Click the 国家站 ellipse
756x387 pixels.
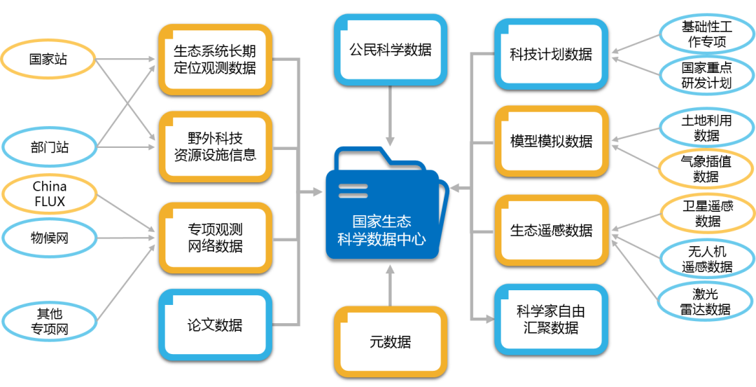pyautogui.click(x=48, y=59)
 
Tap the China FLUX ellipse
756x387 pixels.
pyautogui.click(x=50, y=194)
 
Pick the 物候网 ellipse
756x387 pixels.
pyautogui.click(x=50, y=238)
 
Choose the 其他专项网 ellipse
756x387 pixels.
pyautogui.click(x=50, y=321)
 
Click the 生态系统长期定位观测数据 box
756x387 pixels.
pyautogui.click(x=214, y=59)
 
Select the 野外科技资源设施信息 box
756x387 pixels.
pyautogui.click(x=214, y=146)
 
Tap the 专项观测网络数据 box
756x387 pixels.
pyautogui.click(x=214, y=237)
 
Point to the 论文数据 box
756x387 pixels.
pyautogui.click(x=214, y=325)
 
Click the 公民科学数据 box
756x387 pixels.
pyautogui.click(x=390, y=50)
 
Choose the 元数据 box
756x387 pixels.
pyautogui.click(x=390, y=341)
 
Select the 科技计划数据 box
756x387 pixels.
pyautogui.click(x=551, y=54)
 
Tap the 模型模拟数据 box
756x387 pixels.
pyautogui.click(x=551, y=141)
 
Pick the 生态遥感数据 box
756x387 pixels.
pyautogui.click(x=551, y=230)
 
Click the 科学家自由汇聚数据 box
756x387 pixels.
pyautogui.click(x=551, y=319)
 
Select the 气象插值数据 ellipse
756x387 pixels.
pyautogui.click(x=706, y=168)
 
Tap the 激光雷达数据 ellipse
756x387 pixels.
pyautogui.click(x=706, y=300)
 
